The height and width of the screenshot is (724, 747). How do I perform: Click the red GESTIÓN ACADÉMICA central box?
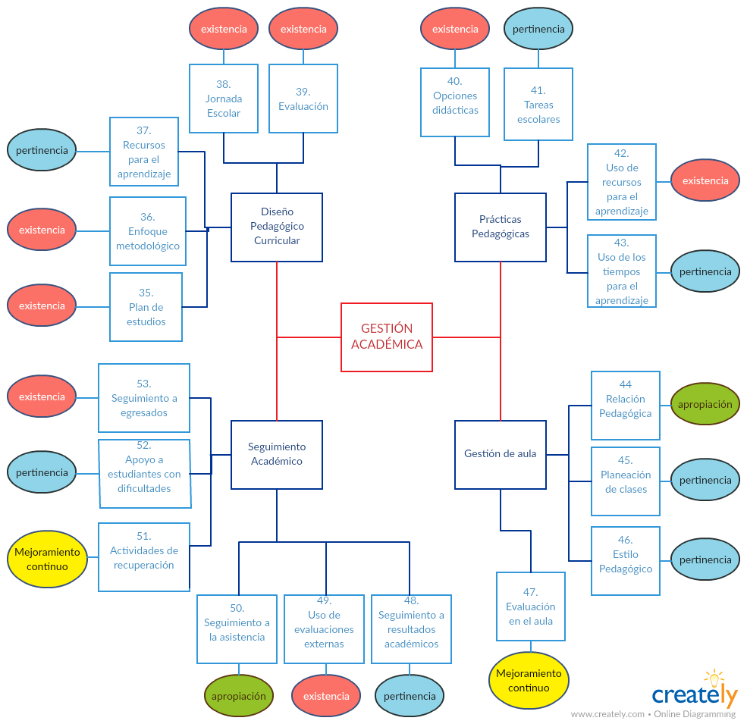pyautogui.click(x=387, y=337)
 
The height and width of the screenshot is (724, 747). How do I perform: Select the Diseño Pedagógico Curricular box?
pyautogui.click(x=277, y=227)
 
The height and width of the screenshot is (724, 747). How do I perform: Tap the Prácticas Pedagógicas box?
pyautogui.click(x=501, y=227)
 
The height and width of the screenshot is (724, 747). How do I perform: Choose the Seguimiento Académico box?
pyautogui.click(x=277, y=454)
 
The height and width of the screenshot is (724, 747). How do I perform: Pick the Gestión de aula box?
pyautogui.click(x=501, y=454)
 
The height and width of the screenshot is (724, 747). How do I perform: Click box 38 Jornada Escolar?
pyautogui.click(x=224, y=99)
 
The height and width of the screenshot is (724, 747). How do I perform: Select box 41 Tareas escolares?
pyautogui.click(x=538, y=105)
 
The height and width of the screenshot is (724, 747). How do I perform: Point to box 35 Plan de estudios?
pyautogui.click(x=146, y=307)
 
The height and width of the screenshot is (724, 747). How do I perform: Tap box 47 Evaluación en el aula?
pyautogui.click(x=531, y=606)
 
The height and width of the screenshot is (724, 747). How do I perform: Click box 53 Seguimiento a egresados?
pyautogui.click(x=144, y=398)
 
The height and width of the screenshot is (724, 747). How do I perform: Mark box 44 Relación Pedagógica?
pyautogui.click(x=626, y=406)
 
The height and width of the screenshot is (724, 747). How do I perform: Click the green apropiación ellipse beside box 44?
pyautogui.click(x=705, y=404)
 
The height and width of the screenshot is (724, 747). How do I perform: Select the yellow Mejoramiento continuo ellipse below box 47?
pyautogui.click(x=529, y=680)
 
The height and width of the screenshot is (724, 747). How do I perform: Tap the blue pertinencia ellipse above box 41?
pyautogui.click(x=538, y=30)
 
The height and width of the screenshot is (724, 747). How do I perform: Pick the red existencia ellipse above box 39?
pyautogui.click(x=303, y=30)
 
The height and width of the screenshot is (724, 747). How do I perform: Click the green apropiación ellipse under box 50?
pyautogui.click(x=239, y=695)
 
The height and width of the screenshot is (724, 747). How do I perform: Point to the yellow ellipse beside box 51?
pyautogui.click(x=47, y=559)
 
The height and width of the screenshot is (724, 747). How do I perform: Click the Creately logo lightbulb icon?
pyautogui.click(x=714, y=678)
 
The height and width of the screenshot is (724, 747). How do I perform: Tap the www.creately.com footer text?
pyautogui.click(x=607, y=714)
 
